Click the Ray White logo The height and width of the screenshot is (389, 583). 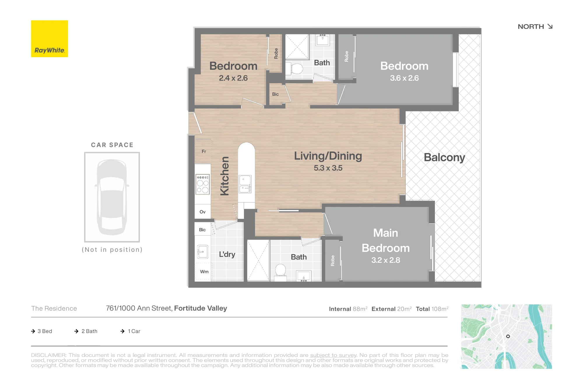coord(50,39)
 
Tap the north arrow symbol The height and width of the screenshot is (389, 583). coord(550,27)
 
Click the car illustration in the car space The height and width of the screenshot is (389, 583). coord(112,197)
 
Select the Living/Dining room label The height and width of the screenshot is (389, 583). coord(328,156)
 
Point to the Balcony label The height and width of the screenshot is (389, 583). coord(444,157)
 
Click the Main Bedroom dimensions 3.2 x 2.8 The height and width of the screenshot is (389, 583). coord(386,260)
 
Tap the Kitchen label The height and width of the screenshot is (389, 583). coord(224,176)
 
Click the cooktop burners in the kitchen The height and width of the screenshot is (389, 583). coord(203,185)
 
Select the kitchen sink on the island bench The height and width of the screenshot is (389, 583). coord(245,184)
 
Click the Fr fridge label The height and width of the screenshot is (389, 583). coord(204,152)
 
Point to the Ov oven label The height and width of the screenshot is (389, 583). coord(203,212)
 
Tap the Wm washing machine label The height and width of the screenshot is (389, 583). coord(204,272)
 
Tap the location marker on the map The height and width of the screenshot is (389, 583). coord(508,337)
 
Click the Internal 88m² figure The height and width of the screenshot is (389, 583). coord(348,309)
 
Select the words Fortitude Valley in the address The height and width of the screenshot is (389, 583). coord(201,308)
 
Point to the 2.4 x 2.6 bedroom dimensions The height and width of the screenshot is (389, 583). coord(233,78)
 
